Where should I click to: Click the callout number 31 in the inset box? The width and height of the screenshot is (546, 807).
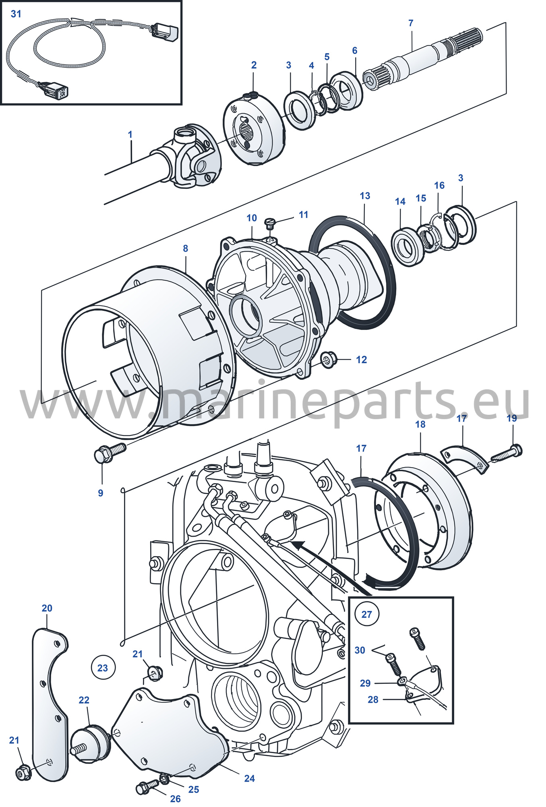(16, 14)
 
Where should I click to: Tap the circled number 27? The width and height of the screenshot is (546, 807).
(366, 615)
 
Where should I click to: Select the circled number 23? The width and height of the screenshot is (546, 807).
(103, 668)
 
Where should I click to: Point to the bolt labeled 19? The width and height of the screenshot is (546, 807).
(507, 453)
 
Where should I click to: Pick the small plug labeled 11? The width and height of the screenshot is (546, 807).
(270, 222)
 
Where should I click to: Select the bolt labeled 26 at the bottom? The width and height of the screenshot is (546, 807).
(148, 787)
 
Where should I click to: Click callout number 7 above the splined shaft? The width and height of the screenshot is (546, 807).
(411, 23)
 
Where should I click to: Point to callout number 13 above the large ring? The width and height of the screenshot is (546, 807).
(365, 196)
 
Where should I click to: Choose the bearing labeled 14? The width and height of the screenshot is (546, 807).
(408, 246)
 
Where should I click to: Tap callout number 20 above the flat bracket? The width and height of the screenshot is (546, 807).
(47, 608)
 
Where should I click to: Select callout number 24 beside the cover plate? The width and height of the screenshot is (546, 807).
(250, 778)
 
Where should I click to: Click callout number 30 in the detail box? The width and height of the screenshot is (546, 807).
(360, 650)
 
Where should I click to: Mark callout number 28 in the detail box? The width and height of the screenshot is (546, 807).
(373, 699)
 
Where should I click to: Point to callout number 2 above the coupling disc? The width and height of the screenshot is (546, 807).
(254, 65)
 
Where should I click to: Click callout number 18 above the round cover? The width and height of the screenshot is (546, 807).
(420, 424)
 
